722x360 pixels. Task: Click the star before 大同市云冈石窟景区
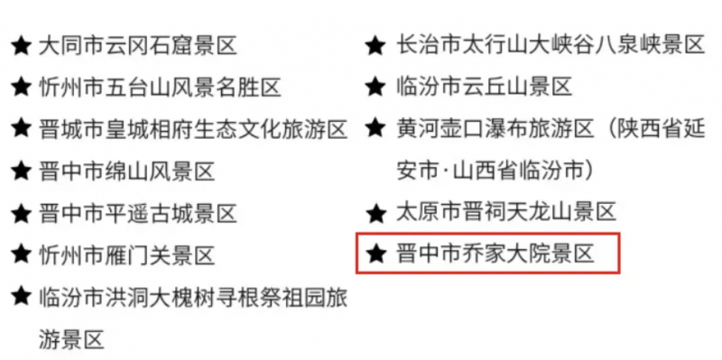(20, 45)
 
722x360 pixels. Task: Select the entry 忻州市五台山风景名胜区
(159, 88)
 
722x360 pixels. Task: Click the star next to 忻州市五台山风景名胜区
(20, 88)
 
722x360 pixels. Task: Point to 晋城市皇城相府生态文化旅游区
(192, 129)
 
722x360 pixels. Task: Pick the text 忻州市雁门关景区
(126, 255)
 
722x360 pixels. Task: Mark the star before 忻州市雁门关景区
(20, 255)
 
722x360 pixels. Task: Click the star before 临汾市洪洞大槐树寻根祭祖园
(20, 297)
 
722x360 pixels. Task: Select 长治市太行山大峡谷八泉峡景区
(550, 45)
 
